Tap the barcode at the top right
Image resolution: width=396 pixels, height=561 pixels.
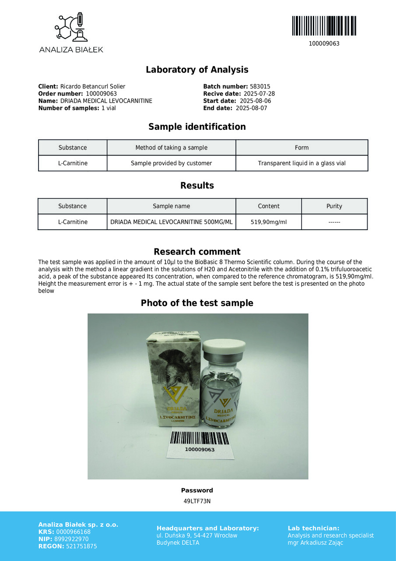[x=324, y=26]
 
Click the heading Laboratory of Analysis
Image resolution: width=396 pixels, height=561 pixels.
[x=197, y=70]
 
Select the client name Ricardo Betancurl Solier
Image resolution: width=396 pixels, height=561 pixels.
[x=92, y=87]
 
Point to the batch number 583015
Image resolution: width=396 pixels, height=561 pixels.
[x=260, y=87]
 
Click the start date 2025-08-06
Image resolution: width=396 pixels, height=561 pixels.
[x=256, y=101]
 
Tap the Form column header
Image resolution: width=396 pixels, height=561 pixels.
[x=301, y=148]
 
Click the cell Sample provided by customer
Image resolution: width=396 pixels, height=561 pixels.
[x=171, y=163]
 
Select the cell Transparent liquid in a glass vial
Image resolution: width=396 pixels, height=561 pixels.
[x=301, y=163]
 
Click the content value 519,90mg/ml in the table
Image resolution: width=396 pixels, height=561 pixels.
[x=269, y=222]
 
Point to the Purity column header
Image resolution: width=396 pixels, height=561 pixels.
[x=334, y=206]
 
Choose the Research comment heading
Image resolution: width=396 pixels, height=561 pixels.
[x=197, y=252]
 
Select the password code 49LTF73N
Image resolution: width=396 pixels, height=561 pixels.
[x=197, y=501]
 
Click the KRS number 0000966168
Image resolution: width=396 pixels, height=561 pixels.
[x=74, y=532]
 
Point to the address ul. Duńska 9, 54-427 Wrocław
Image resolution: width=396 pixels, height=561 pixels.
[x=197, y=536]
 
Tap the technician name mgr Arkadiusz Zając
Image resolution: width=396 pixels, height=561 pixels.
[x=315, y=543]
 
